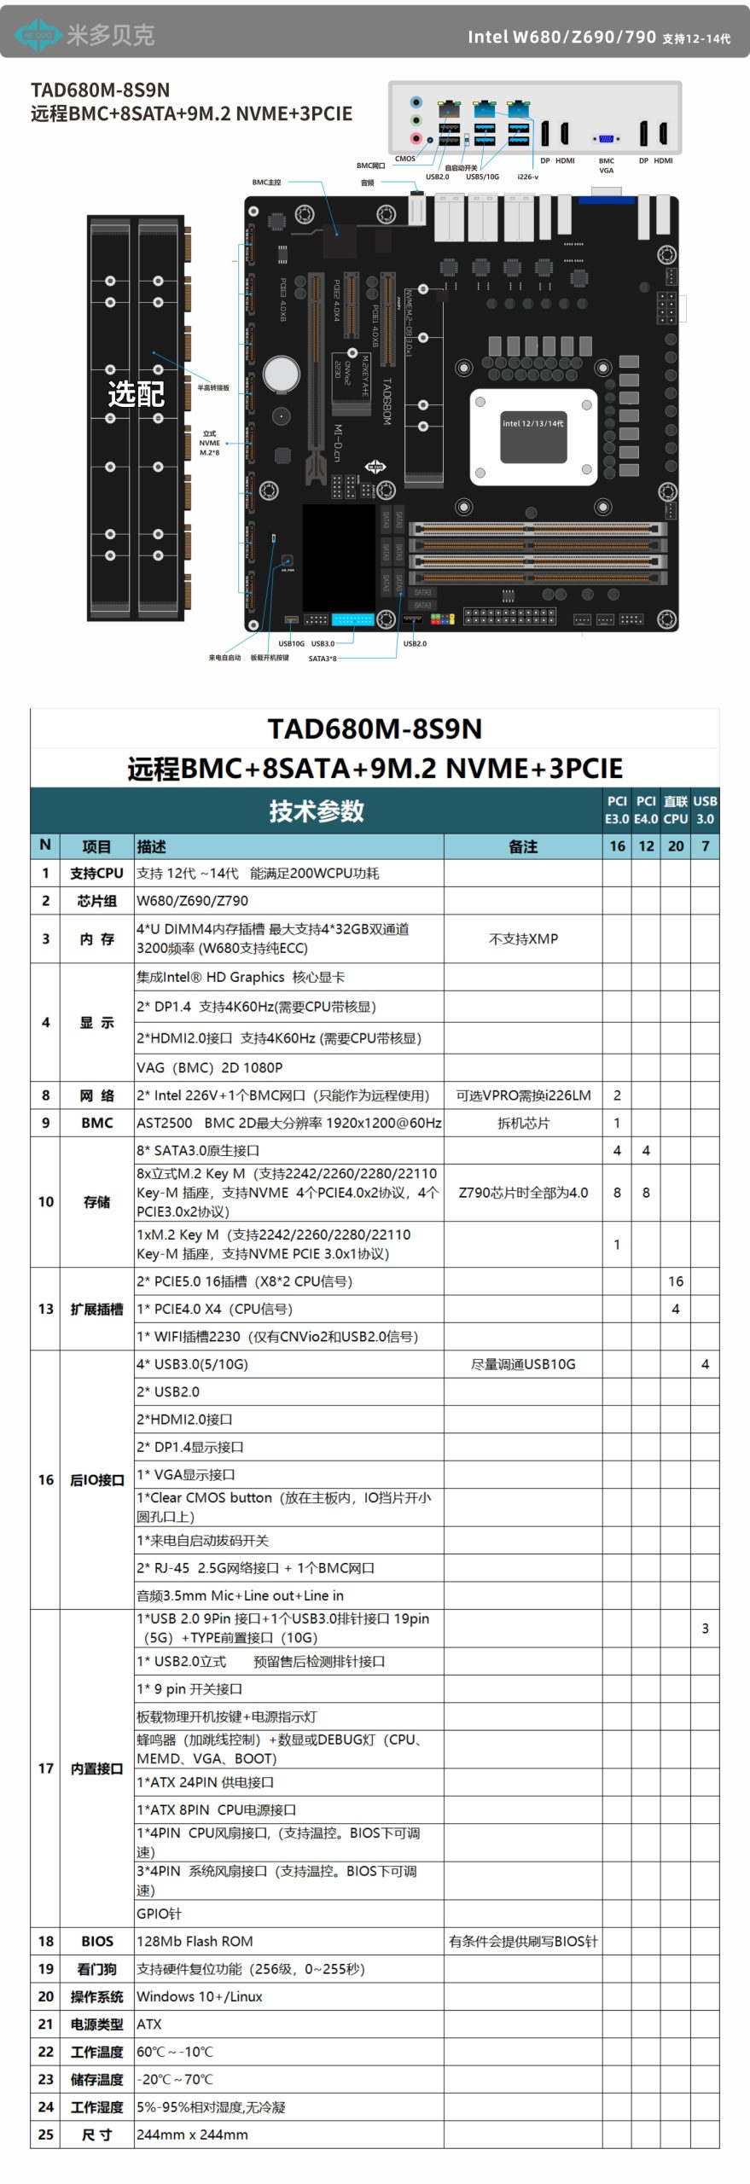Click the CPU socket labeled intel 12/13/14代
pos(532,437)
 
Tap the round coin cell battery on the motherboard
pos(281,373)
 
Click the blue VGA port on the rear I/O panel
pos(606,138)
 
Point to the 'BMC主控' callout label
pos(266,183)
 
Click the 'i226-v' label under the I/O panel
pos(527,177)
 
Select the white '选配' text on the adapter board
pos(136,393)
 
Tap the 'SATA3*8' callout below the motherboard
pos(323,659)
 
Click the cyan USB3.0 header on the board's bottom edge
pos(352,619)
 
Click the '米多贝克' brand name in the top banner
pos(110,35)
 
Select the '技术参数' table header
pos(317,810)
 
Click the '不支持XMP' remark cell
pos(523,938)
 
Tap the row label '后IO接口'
pos(96,1480)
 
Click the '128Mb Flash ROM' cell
pos(195,1941)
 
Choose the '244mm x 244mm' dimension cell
pos(193,2135)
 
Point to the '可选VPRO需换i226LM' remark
pos(523,1095)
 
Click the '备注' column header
pos(523,846)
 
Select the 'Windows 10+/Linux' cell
pos(200,1996)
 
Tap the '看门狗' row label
pos(96,1969)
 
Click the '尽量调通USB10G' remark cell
pos(523,1364)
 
